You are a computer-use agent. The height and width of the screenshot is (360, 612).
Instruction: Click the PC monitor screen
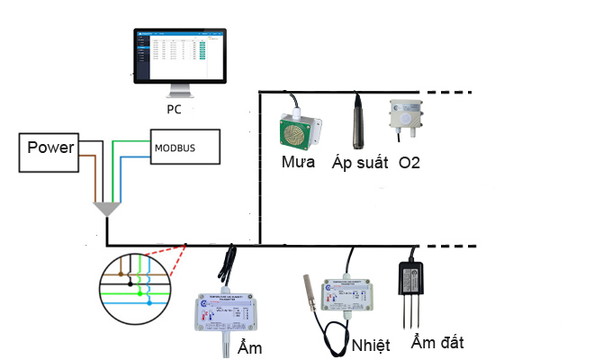coord(180,55)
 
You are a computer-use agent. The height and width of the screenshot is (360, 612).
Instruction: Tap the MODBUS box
coord(184,147)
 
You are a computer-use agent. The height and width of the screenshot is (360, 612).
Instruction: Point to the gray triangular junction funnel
coord(107,209)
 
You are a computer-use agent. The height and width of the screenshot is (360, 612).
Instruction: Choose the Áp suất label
coord(359,164)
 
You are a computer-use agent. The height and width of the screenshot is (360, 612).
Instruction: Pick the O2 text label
coord(409,163)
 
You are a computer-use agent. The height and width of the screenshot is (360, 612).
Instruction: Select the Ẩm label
coord(249,347)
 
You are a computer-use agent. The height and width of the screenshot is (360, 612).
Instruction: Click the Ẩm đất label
coord(436,342)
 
